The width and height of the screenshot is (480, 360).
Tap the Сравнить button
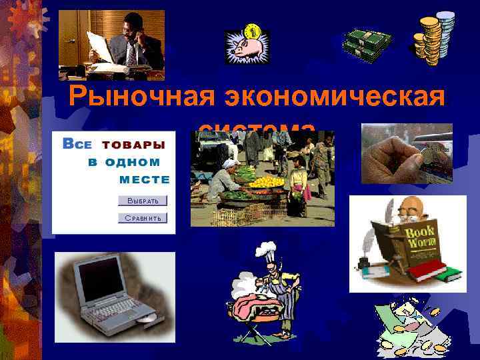143,218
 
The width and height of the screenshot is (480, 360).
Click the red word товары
133,144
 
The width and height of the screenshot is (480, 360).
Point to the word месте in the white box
144,179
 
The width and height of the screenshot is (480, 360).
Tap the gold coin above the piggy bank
253,31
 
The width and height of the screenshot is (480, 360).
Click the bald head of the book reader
408,207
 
